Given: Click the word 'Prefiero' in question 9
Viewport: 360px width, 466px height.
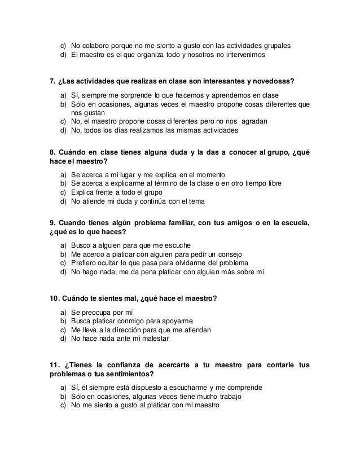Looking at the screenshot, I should click(85, 263).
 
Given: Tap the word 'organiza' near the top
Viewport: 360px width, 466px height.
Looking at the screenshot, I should click(162, 55).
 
